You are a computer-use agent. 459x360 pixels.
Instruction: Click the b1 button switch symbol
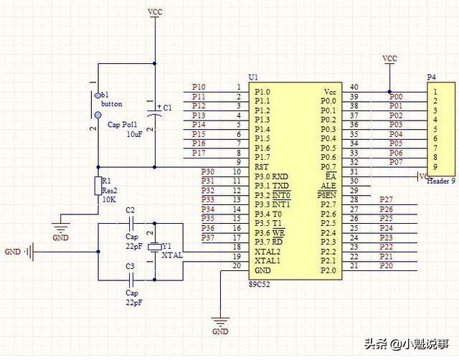[96, 105]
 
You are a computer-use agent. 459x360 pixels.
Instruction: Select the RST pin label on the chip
[262, 166]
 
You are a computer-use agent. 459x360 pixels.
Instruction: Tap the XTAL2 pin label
[268, 251]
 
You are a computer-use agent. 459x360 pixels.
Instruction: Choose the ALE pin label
[328, 186]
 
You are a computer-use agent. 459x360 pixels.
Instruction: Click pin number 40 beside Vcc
[354, 87]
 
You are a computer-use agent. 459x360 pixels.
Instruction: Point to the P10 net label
[199, 87]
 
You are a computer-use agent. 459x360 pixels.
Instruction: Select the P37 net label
[208, 237]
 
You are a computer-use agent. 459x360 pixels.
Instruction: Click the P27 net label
[386, 199]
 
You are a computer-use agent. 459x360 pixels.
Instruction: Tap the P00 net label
[396, 97]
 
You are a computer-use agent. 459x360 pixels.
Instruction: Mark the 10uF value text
[133, 134]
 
